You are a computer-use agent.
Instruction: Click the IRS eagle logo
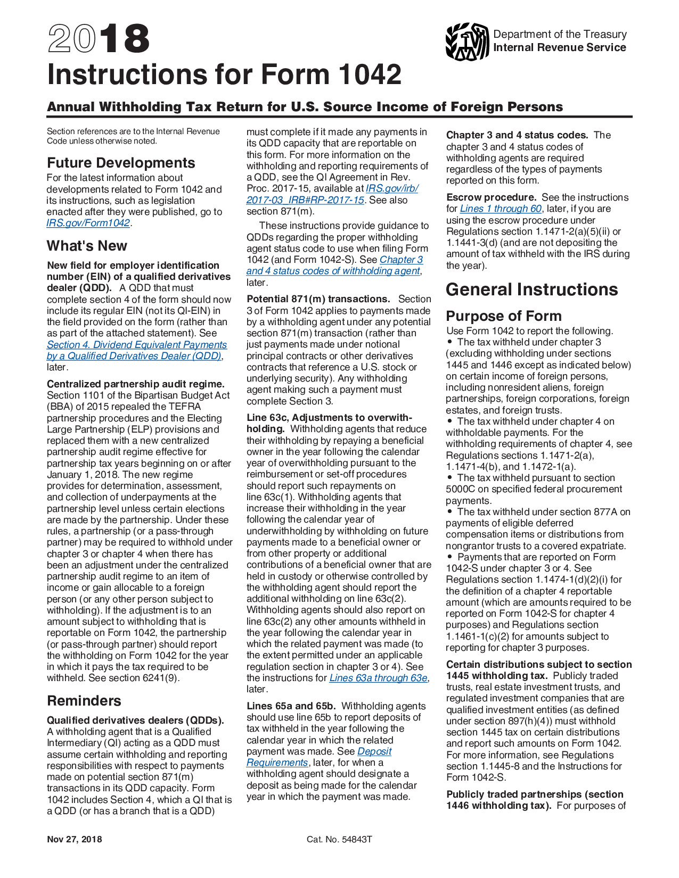coord(467,42)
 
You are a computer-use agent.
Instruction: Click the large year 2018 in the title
coord(99,39)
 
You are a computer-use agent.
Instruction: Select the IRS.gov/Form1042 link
coord(88,223)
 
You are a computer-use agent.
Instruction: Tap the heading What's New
coord(87,246)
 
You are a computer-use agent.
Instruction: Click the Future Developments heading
coord(121,163)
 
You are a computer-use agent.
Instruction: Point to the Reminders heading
coord(84,701)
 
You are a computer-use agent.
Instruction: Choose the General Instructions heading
coord(531,289)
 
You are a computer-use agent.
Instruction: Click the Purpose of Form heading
coord(503,316)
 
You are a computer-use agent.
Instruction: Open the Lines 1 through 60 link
coord(501,209)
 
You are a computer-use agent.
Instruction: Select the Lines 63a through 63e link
coord(378,678)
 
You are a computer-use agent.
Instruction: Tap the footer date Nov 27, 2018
coord(74,840)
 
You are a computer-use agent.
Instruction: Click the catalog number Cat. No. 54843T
coord(339,840)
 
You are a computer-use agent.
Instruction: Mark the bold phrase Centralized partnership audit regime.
coord(136,384)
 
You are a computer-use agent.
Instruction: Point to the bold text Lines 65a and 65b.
coord(291,706)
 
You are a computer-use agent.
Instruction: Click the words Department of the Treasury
coord(560,34)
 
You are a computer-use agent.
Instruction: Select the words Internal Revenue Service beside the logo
coord(559,48)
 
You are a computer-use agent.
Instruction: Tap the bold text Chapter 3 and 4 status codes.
coord(517,135)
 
